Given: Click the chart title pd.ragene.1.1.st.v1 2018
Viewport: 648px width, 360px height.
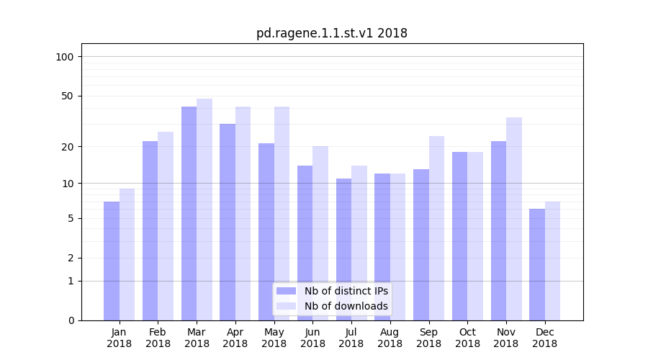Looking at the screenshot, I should (331, 33).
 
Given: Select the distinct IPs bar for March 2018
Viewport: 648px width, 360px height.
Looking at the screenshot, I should (189, 213).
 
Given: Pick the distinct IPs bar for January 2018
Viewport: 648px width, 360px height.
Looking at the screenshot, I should (112, 261).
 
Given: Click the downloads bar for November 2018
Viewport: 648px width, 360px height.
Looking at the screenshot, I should (514, 218).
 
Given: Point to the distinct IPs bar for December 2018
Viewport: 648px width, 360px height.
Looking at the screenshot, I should (537, 264).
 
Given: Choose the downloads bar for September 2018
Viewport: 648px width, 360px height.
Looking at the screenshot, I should (436, 228).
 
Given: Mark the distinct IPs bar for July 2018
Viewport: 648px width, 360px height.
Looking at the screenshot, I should (343, 249).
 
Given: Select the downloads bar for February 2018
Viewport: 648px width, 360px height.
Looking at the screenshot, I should (166, 225).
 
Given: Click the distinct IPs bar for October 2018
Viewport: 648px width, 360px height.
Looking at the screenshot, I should (459, 235).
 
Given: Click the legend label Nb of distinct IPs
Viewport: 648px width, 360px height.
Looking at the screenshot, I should (346, 291).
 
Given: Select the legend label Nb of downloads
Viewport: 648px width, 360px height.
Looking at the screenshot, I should (346, 306).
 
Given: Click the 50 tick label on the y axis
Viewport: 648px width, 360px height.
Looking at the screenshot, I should (68, 96).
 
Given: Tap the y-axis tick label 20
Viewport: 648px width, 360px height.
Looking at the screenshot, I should (68, 147).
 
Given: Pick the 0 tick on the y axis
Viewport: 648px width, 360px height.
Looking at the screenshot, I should (71, 320).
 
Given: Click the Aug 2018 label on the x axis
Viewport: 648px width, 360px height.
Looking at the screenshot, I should (390, 338).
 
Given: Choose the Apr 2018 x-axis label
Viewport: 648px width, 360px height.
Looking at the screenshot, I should (235, 338).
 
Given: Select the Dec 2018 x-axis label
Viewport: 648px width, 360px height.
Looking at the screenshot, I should (544, 338).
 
